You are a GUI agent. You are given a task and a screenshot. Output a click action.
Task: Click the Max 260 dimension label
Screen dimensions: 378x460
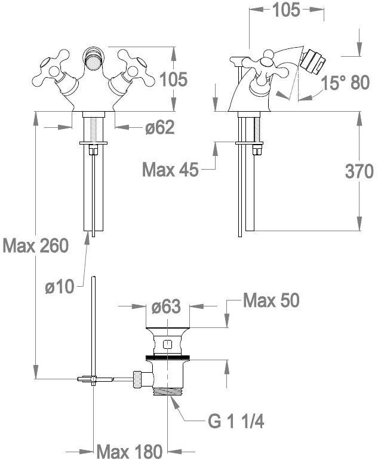click(36, 246)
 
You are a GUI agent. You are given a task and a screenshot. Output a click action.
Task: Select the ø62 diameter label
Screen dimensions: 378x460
click(160, 127)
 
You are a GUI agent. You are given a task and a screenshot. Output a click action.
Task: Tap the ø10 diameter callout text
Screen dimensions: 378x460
click(60, 286)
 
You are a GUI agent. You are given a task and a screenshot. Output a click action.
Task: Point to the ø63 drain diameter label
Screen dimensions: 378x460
click(166, 306)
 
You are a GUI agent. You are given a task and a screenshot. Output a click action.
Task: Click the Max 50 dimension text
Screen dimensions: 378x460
click(272, 300)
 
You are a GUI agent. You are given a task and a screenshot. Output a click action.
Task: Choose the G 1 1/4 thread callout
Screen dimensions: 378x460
click(236, 421)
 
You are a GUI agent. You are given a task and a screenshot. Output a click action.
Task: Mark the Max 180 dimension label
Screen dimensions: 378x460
click(130, 451)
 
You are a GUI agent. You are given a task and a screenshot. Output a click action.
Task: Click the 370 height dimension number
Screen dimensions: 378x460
click(359, 171)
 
